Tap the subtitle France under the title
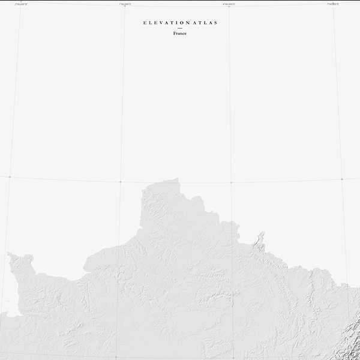coord(179,34)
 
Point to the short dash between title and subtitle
coord(179,29)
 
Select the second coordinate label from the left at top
coord(126,5)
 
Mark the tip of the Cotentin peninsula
coord(11,256)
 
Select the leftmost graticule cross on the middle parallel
coord(10,177)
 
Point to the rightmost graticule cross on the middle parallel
coord(341,179)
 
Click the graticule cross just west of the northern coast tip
coord(120,181)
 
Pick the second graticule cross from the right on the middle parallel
coord(231,182)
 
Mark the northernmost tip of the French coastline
coord(175,179)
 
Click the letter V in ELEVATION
coord(159,23)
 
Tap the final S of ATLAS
coord(215,23)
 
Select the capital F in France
coord(175,34)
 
